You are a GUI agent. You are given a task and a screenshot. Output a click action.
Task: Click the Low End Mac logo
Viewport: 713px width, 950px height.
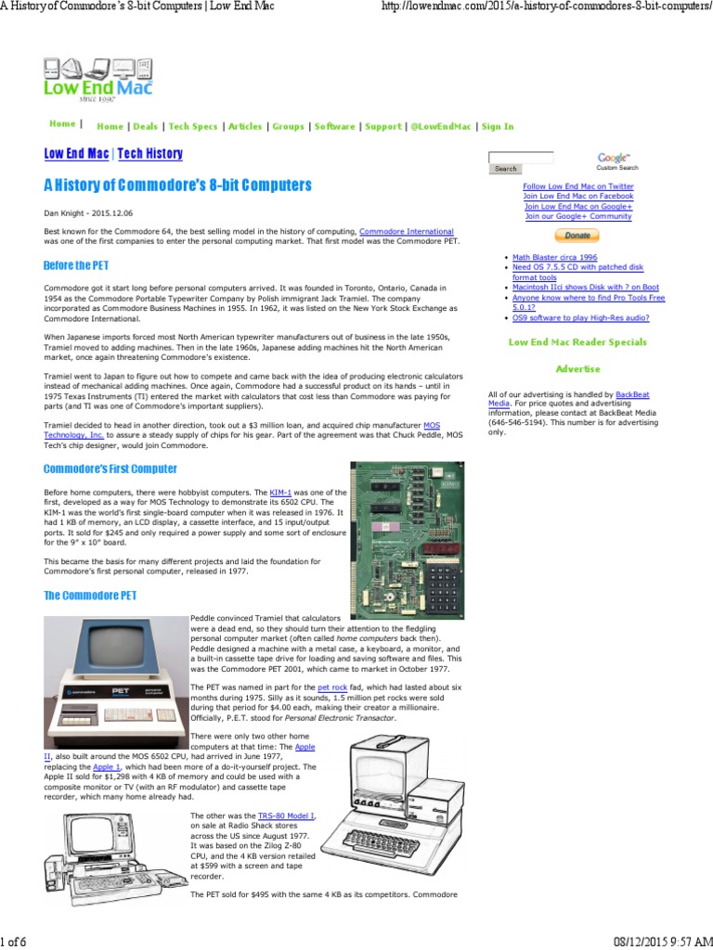97,78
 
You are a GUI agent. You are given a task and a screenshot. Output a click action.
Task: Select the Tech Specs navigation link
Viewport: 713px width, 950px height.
193,126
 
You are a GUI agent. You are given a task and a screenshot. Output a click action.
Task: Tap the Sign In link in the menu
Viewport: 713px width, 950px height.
498,126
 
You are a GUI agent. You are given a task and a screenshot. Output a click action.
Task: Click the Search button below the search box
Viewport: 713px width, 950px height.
505,169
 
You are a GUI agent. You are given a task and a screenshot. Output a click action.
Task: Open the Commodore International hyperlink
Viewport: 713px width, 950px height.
406,230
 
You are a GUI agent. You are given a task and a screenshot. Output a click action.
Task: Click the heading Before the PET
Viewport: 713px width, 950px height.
76,265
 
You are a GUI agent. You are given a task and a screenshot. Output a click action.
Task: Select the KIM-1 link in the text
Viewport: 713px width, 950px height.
280,492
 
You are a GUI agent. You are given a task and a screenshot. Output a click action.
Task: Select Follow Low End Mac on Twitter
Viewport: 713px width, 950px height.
577,186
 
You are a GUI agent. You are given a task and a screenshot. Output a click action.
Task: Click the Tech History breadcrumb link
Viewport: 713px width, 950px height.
150,154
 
